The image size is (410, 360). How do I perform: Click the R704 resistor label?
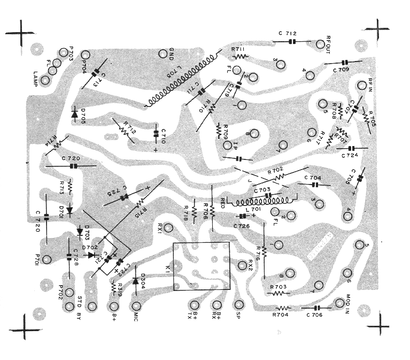click(x=280, y=316)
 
